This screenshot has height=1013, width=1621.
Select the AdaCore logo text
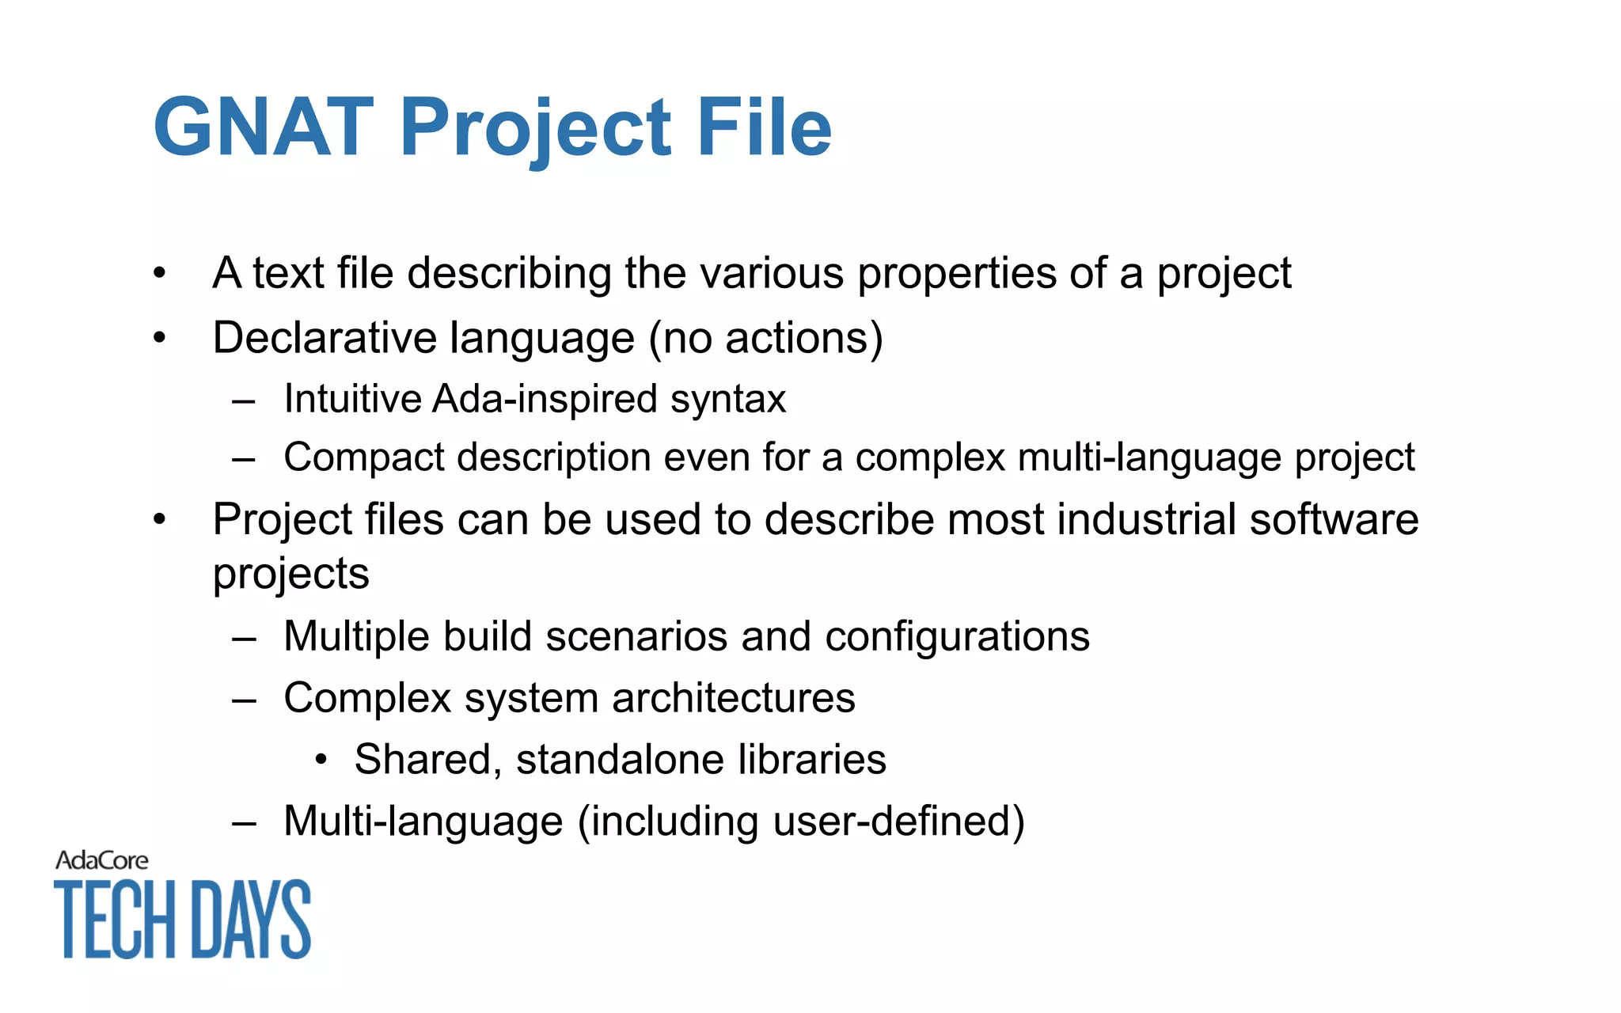pos(101,860)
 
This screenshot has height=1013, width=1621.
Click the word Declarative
pos(325,338)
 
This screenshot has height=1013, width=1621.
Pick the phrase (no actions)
pos(765,338)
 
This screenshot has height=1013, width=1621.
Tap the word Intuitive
pos(352,398)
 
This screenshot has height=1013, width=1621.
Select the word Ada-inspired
pos(545,398)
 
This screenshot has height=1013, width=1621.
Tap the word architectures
pos(734,698)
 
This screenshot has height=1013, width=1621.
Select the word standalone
pos(621,760)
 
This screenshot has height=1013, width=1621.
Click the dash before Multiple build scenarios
pos(244,637)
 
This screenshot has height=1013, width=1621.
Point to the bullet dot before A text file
pos(160,274)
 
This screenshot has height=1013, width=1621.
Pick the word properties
pos(958,274)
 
